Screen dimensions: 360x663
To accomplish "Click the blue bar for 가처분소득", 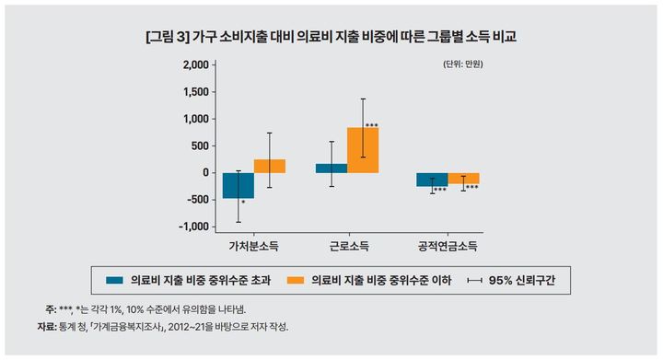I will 238,185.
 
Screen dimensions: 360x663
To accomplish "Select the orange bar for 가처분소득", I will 270,166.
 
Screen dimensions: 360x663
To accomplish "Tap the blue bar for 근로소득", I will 331,168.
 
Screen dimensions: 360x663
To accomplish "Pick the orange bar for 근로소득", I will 362,150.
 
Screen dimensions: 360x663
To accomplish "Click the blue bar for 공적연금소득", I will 432,179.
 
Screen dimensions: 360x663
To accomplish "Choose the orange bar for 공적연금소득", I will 463,178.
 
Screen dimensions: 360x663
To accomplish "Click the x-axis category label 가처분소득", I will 253,247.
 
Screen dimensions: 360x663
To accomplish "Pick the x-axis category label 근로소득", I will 347,247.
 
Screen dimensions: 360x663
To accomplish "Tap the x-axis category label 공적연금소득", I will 448,247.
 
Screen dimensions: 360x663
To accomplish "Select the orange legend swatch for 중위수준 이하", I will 296,279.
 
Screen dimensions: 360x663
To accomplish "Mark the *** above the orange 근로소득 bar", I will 372,126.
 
